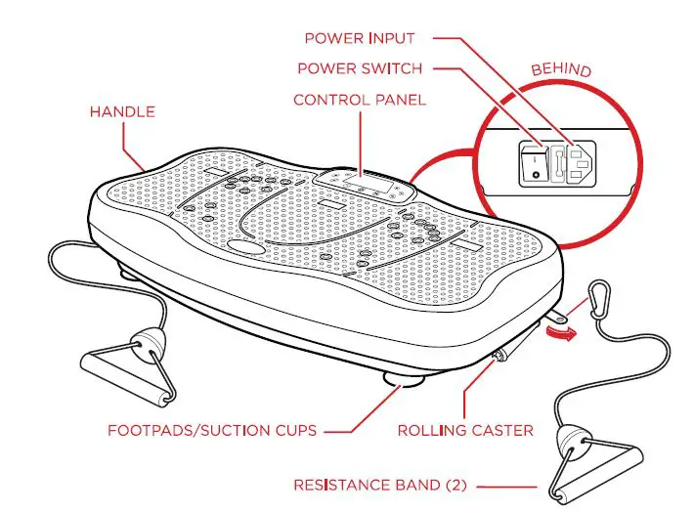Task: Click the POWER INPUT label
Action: [359, 39]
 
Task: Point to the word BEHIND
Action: [562, 70]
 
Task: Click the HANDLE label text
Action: [122, 111]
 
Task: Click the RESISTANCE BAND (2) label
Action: [379, 484]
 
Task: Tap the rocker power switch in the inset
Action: [532, 163]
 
